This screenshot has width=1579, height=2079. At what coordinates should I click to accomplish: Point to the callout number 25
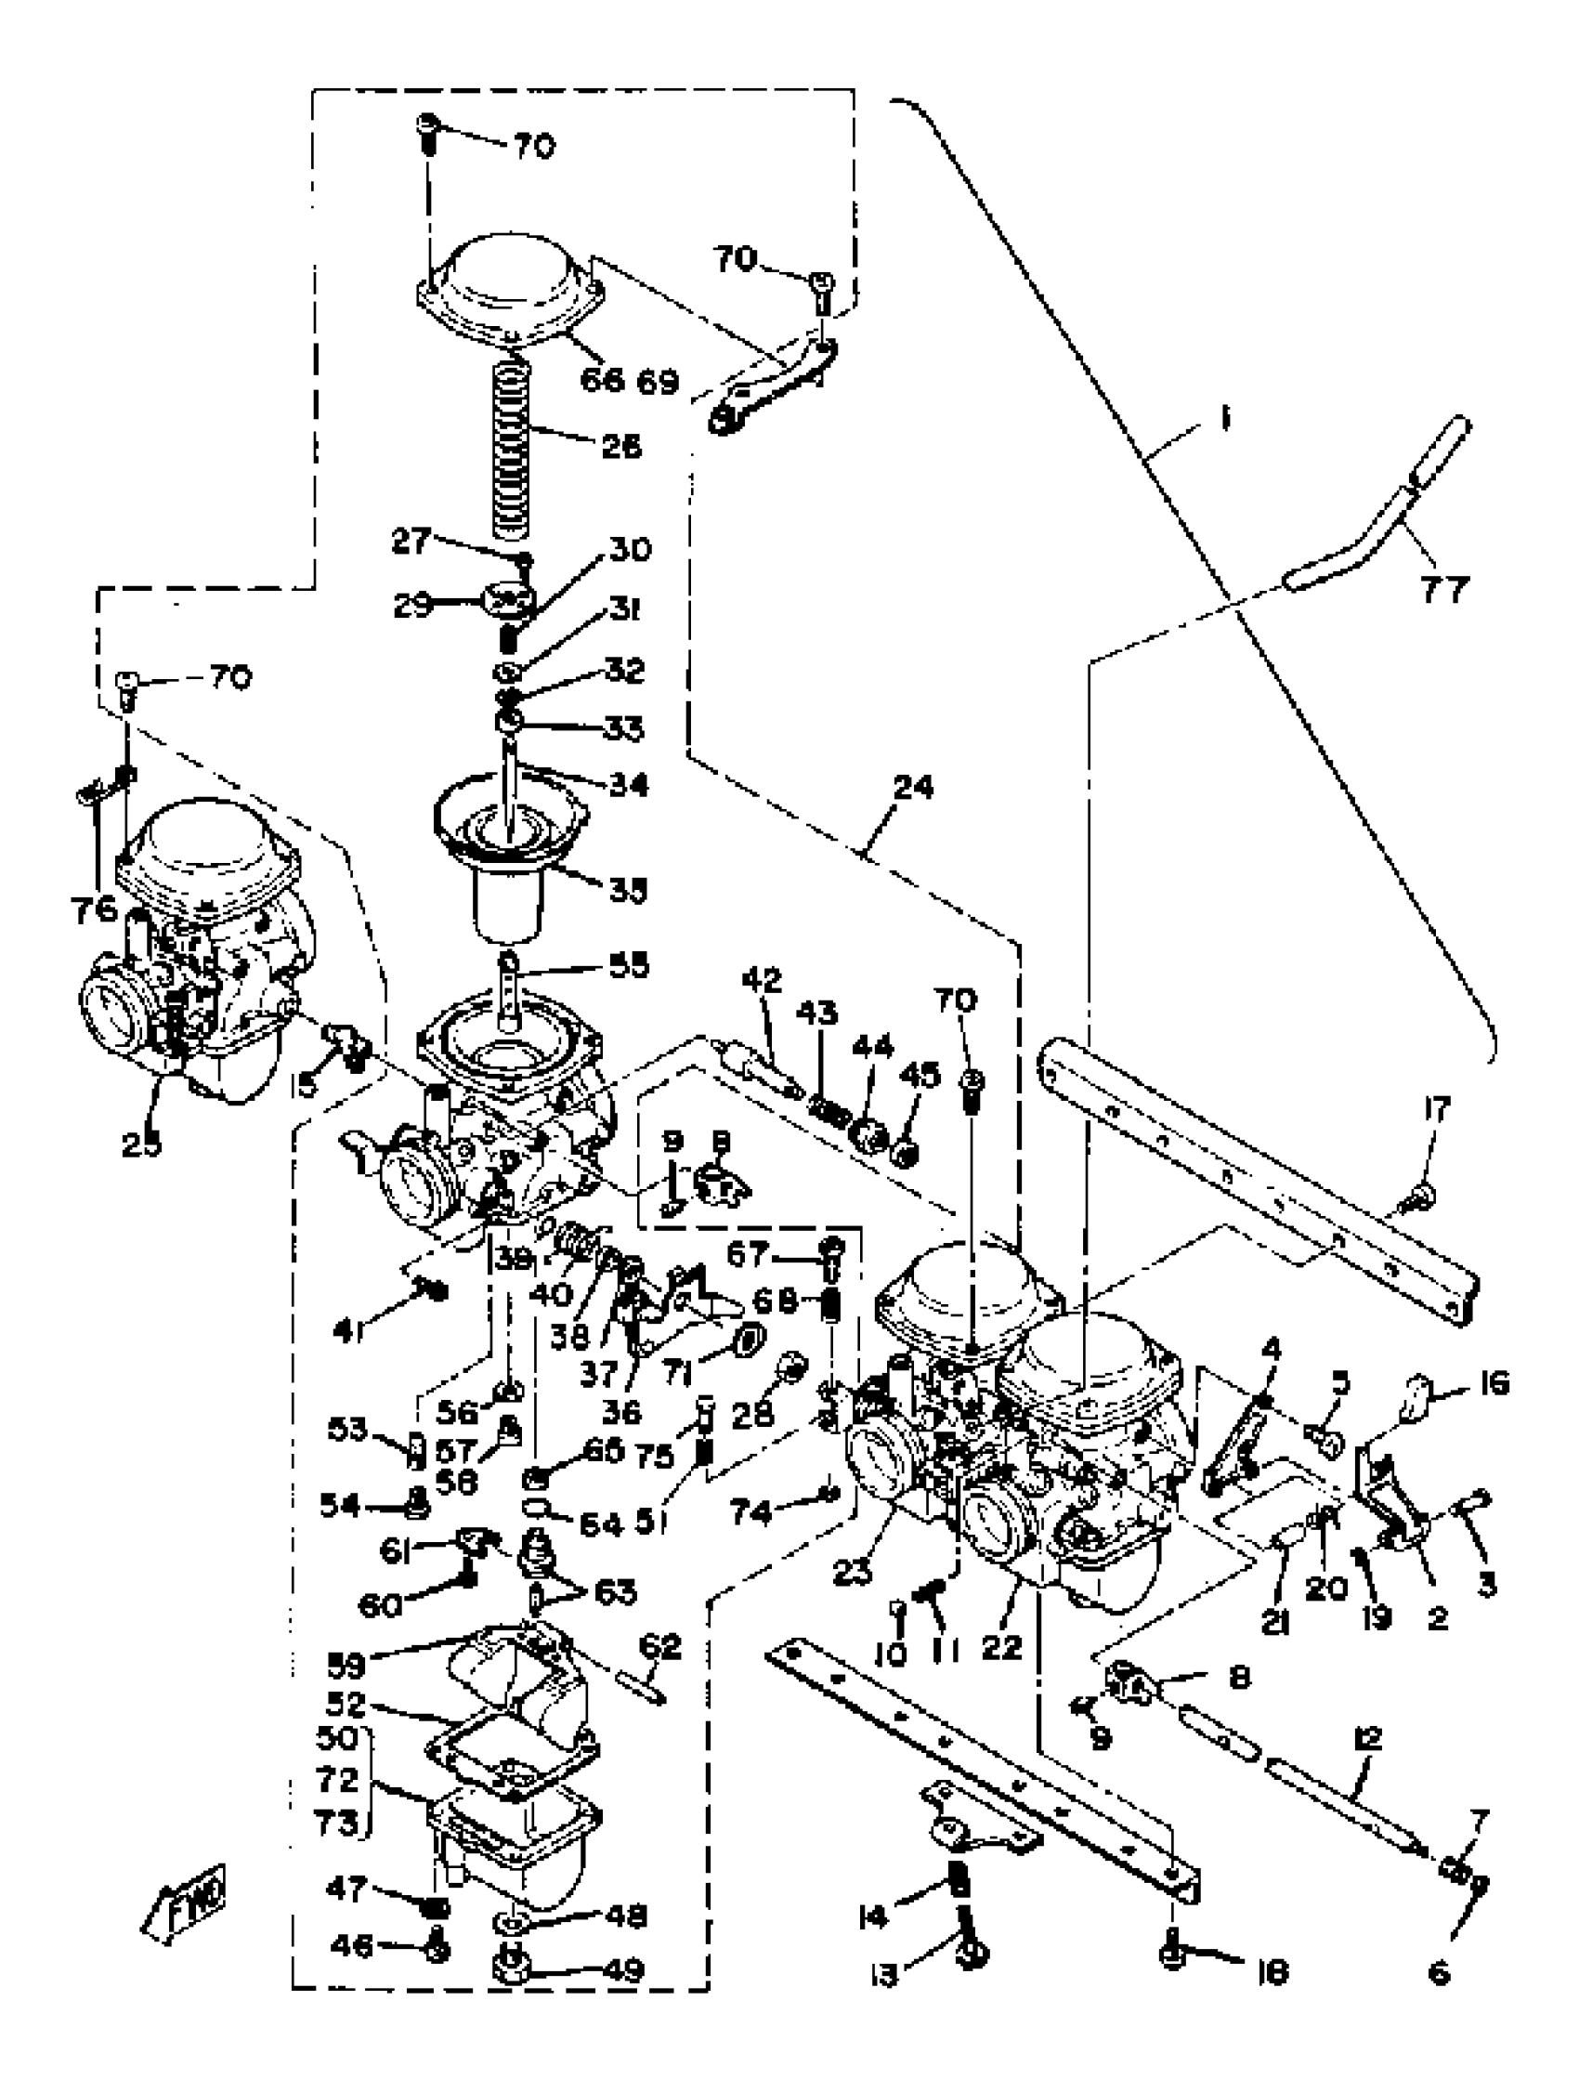(141, 1144)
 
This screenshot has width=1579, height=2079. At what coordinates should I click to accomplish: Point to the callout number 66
(602, 380)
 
